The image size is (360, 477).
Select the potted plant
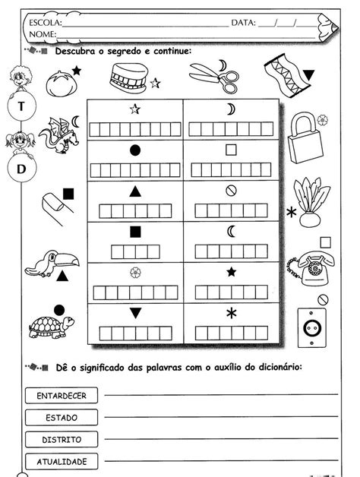pyautogui.click(x=308, y=202)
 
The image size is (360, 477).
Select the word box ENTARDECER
pyautogui.click(x=61, y=395)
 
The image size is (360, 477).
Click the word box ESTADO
pyautogui.click(x=61, y=417)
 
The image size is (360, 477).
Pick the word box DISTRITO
pyautogui.click(x=61, y=439)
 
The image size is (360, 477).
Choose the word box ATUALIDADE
pyautogui.click(x=61, y=460)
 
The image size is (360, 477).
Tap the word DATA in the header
pyautogui.click(x=242, y=23)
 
